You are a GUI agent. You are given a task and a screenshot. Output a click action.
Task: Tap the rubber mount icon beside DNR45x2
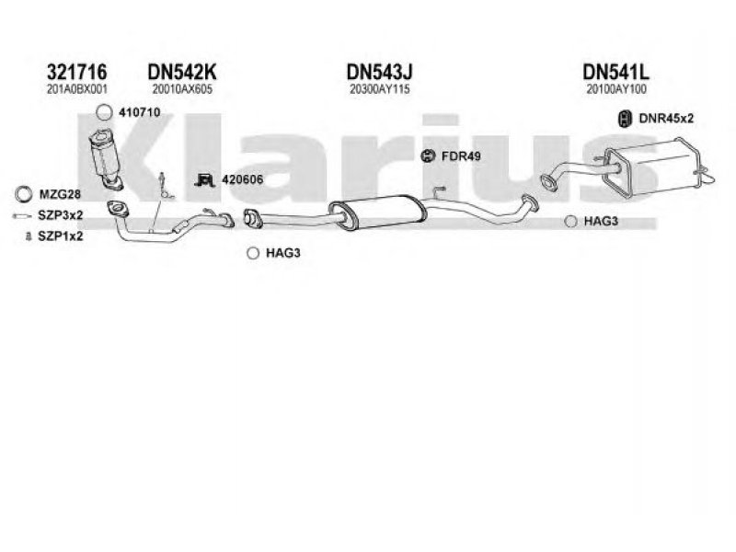(623, 118)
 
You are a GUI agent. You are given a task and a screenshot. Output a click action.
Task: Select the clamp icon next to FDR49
(428, 155)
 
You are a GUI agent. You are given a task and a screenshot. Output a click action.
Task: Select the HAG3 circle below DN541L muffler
(570, 221)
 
